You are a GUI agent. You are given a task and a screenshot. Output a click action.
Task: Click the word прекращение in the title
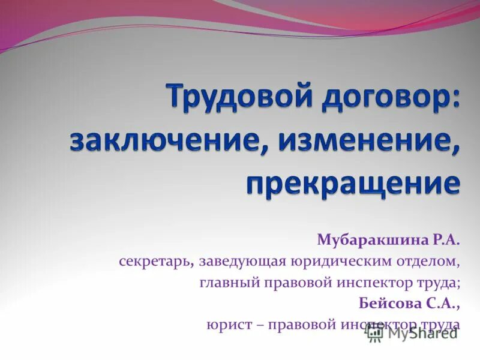tap(353, 183)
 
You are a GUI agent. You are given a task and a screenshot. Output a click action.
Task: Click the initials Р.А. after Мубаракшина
tap(445, 241)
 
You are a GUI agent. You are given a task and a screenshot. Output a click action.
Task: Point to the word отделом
tap(431, 262)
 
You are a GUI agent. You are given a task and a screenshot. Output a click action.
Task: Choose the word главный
tap(228, 283)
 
